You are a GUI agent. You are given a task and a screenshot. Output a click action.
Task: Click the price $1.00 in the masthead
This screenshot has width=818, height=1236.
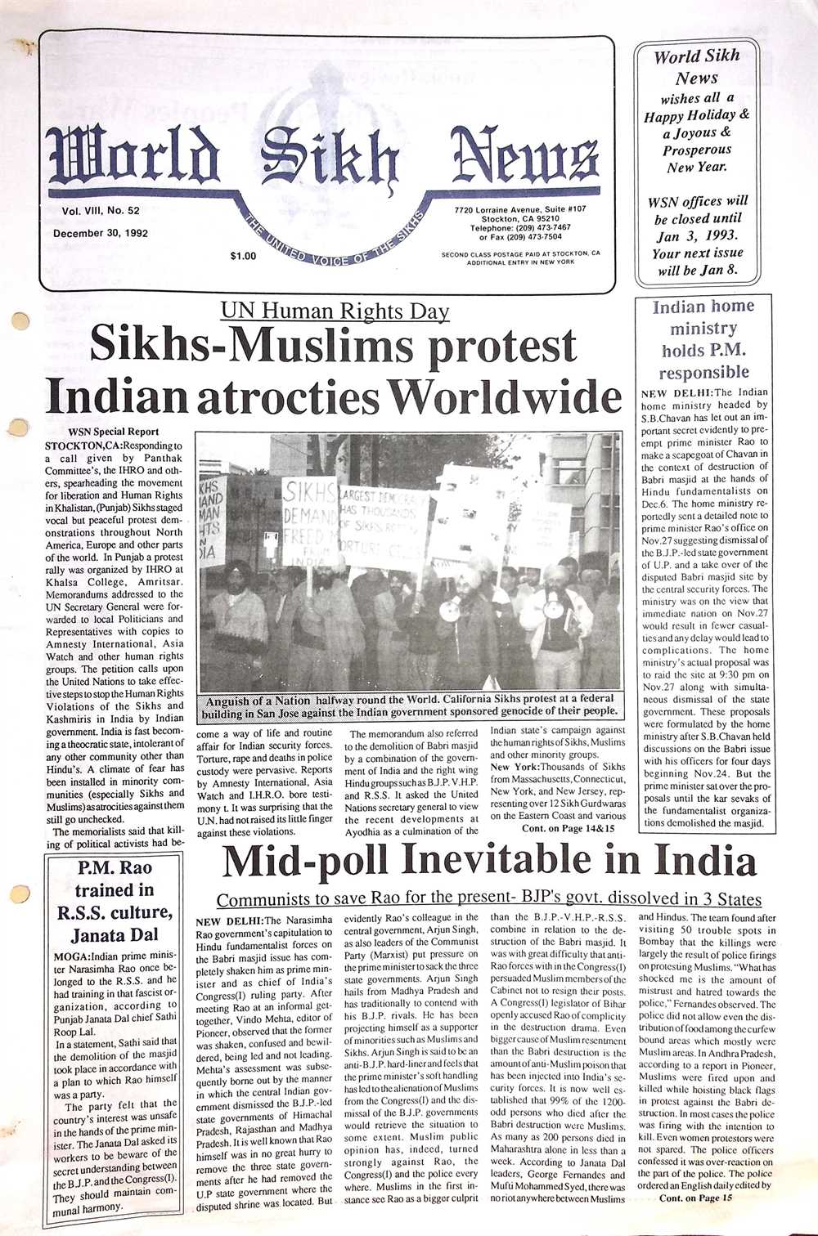coord(244,256)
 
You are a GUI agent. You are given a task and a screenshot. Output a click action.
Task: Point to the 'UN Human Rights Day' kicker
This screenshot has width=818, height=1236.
coord(335,311)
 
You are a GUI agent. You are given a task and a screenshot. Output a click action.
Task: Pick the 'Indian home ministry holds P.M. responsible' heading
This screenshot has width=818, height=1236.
coord(703,339)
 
